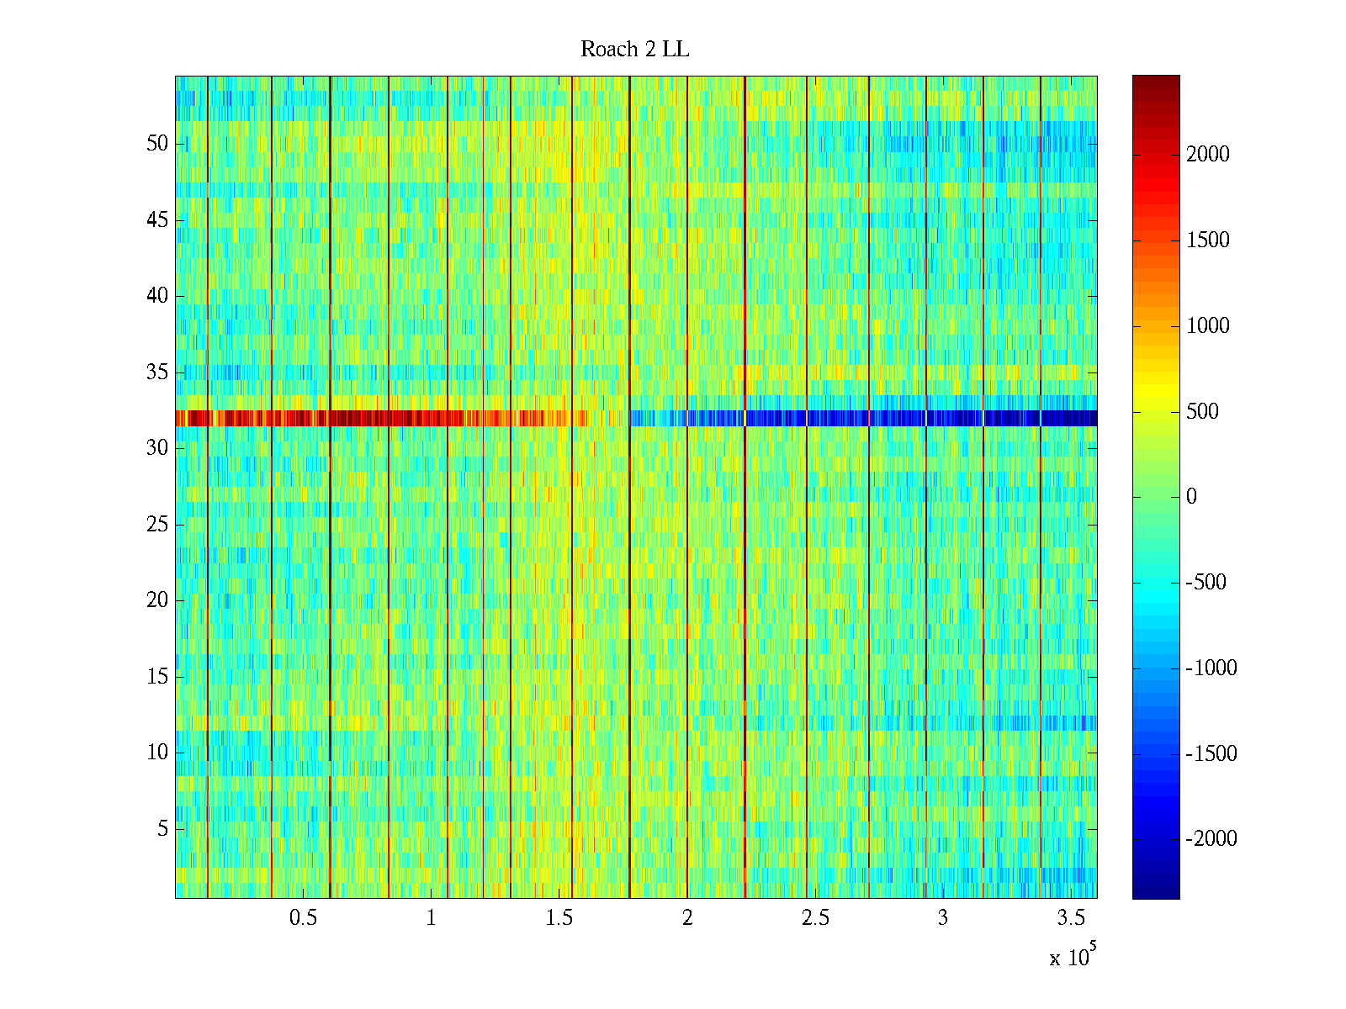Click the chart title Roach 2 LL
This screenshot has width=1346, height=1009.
click(x=634, y=50)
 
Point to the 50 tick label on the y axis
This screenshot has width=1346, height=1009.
click(x=157, y=144)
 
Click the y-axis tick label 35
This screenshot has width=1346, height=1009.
click(x=157, y=372)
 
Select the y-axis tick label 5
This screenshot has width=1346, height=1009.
click(x=162, y=829)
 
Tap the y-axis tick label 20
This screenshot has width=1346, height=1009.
click(x=157, y=600)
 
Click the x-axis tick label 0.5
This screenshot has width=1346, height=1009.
click(x=303, y=918)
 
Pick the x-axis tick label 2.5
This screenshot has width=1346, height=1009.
click(x=815, y=918)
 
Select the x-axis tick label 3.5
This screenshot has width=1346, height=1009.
click(x=1071, y=918)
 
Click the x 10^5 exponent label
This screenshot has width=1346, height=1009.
click(x=1072, y=957)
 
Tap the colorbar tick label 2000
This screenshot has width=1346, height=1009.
click(x=1207, y=155)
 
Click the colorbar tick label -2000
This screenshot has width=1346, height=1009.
click(x=1211, y=839)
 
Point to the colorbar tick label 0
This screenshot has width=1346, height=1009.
click(x=1191, y=497)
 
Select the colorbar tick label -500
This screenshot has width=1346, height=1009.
click(x=1206, y=583)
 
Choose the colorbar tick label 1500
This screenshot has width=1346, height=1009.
click(x=1207, y=240)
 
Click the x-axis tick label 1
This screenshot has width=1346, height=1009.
click(x=431, y=918)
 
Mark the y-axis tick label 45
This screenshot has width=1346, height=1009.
click(x=157, y=220)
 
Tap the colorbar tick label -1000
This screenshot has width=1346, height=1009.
click(x=1211, y=668)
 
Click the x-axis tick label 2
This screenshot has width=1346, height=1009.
click(x=687, y=918)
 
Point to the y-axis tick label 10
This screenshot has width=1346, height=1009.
click(x=157, y=753)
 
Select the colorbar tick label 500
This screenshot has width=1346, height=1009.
click(x=1202, y=411)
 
